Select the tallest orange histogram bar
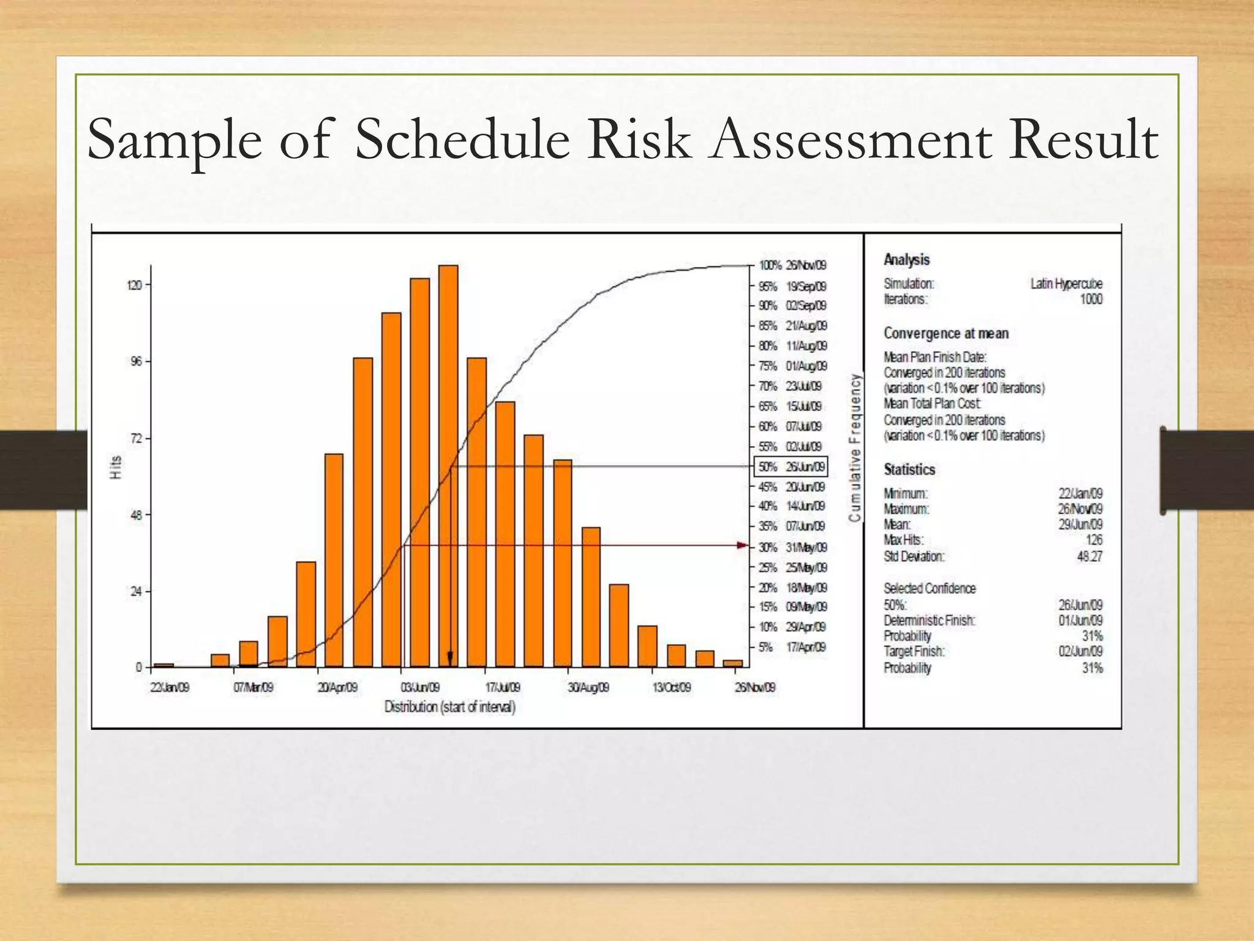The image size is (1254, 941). coord(448,466)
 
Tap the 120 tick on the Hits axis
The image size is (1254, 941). coord(135,285)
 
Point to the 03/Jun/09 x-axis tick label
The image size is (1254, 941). coord(420,687)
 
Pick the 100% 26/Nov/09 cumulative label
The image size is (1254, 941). coord(792,265)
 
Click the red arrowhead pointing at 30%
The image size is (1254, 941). coord(743,545)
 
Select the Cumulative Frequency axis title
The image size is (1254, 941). coord(855,448)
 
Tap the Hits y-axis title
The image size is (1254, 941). coord(116,467)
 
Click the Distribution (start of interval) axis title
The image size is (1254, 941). coord(450,707)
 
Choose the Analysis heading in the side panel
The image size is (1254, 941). coord(906,260)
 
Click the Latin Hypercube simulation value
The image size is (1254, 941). coord(1066,284)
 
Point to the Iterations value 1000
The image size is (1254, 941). coord(1091,299)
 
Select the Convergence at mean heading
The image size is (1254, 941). coord(945,333)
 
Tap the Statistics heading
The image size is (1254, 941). coord(909,470)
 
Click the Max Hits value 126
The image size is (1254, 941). coord(1094,540)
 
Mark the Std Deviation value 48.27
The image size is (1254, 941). coord(1089,556)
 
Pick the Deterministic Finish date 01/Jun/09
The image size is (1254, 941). coord(1081,621)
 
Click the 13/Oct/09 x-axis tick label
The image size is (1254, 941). coord(672,687)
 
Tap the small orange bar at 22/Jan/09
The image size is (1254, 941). coord(163,665)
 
